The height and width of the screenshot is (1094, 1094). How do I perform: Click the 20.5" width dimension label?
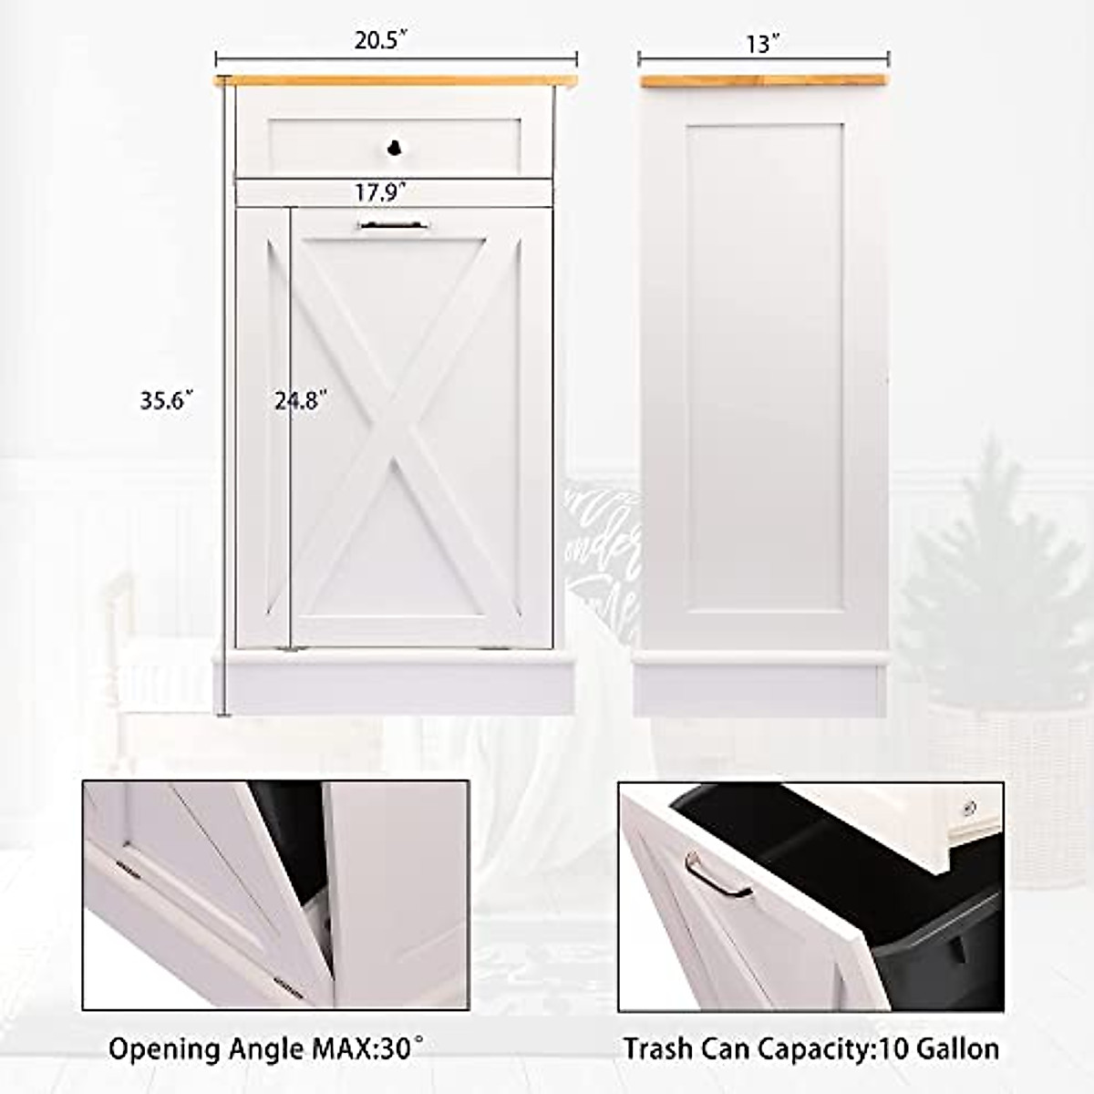tap(380, 42)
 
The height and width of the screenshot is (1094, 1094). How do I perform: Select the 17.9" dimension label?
tap(380, 192)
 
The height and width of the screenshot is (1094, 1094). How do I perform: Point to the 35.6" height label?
tap(167, 400)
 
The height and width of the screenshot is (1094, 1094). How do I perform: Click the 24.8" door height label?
tap(302, 399)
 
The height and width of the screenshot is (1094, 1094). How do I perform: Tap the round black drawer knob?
tap(394, 147)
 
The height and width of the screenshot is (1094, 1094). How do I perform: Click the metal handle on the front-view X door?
tap(393, 224)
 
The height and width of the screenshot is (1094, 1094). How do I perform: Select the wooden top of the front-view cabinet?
tap(395, 81)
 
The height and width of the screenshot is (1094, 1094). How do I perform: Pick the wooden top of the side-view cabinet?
tap(762, 81)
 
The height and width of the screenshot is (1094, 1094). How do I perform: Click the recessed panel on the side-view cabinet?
tap(764, 365)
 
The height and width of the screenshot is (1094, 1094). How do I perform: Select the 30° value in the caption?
tap(404, 1048)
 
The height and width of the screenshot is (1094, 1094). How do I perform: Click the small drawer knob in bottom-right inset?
tap(969, 808)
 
